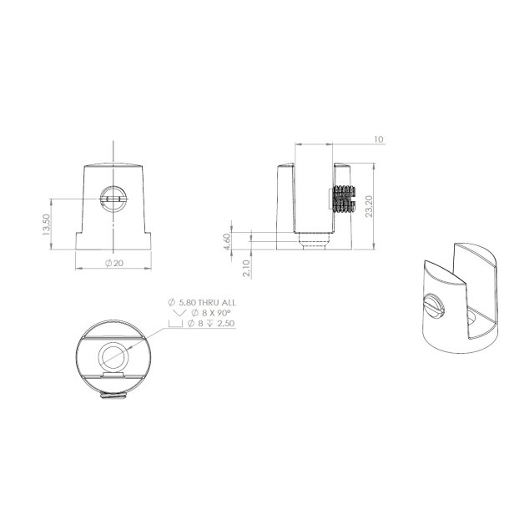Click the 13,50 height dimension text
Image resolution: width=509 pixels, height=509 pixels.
[47, 224]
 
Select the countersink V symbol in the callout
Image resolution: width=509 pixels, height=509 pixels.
[177, 313]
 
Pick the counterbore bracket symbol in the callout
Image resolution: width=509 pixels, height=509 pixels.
[177, 324]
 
